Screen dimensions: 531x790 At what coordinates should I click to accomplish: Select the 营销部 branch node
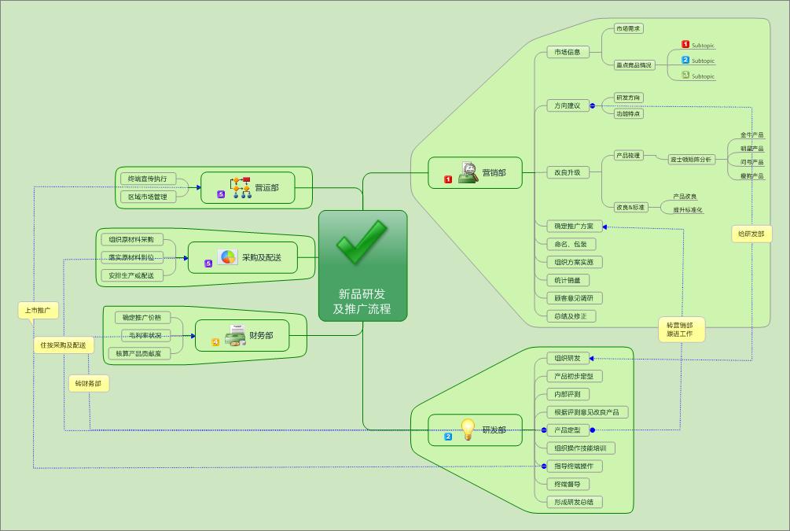(x=494, y=173)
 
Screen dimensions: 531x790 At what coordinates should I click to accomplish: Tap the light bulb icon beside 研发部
(x=468, y=430)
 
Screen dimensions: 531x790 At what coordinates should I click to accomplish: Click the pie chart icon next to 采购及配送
(x=227, y=257)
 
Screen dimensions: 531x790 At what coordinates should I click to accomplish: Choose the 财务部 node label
(x=261, y=336)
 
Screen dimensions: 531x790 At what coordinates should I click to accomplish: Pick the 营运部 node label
(x=266, y=188)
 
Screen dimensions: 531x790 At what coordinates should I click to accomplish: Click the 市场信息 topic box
(x=568, y=53)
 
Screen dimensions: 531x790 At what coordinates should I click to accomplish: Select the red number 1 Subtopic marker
(x=685, y=45)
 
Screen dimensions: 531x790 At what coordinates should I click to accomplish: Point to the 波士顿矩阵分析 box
(x=692, y=160)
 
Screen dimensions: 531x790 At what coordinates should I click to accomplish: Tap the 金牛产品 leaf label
(x=751, y=135)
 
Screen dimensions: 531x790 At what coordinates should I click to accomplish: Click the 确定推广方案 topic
(x=575, y=227)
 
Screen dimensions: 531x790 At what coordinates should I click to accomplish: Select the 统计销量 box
(x=568, y=280)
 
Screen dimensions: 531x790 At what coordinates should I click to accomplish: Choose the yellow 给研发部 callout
(x=751, y=234)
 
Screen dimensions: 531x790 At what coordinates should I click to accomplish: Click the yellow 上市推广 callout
(x=38, y=311)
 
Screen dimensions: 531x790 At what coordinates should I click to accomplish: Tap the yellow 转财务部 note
(x=88, y=384)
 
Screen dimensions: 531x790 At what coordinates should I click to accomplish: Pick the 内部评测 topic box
(x=568, y=394)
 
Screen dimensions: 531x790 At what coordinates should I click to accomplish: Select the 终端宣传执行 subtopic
(x=147, y=179)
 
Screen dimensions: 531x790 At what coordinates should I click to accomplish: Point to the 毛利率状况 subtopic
(x=145, y=336)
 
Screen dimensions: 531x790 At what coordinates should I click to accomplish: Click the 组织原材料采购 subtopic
(x=131, y=239)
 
